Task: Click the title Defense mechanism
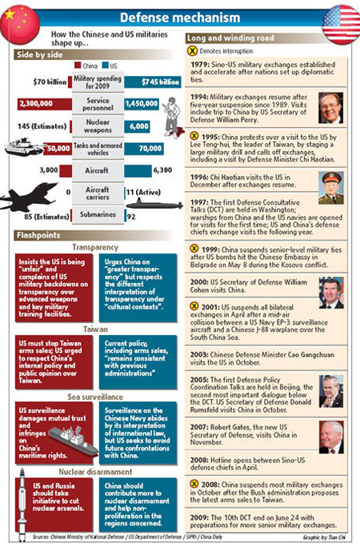[x=179, y=17]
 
